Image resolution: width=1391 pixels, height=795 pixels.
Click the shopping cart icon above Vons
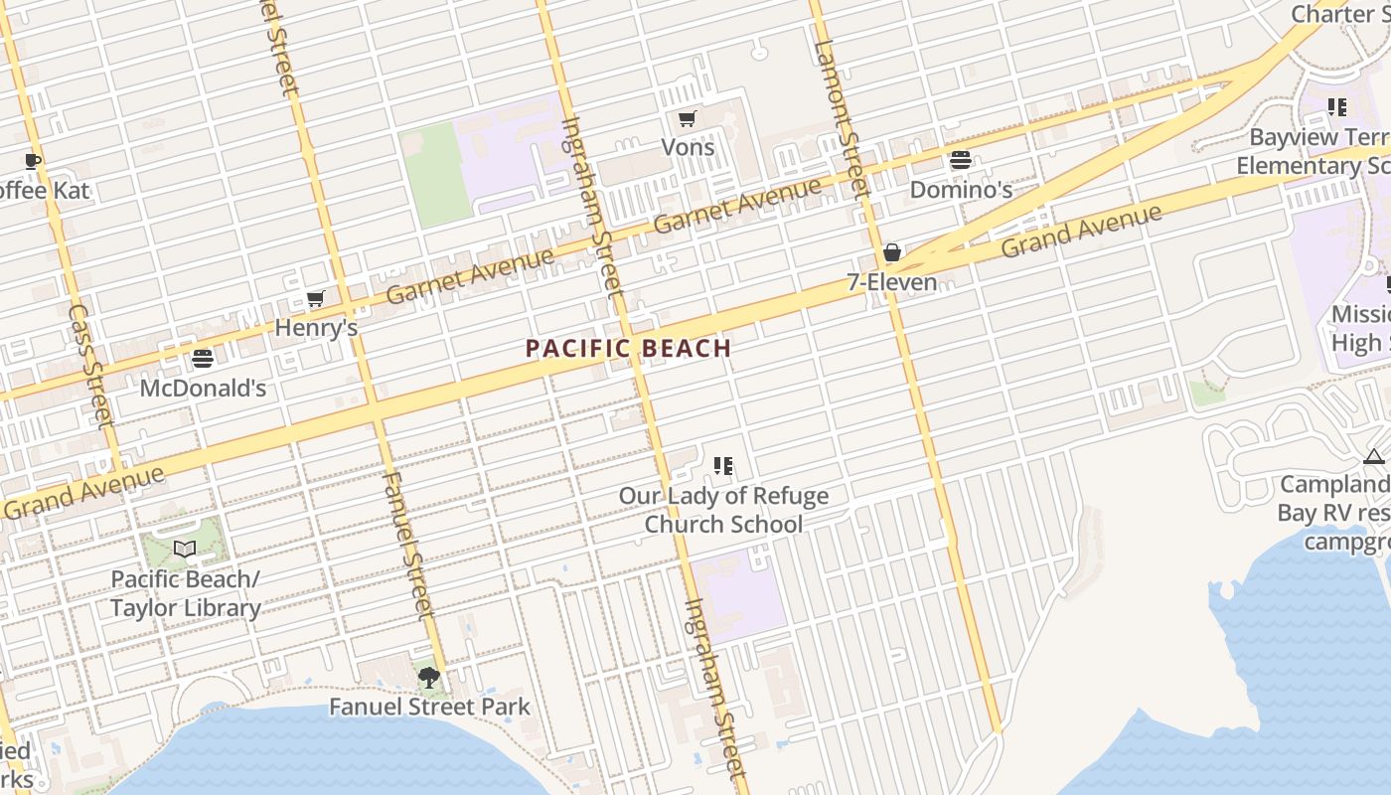pos(686,120)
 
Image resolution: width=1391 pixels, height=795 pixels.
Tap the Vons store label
pos(688,147)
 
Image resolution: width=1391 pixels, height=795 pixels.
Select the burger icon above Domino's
pos(960,160)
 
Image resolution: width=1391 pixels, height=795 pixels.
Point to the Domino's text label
pos(961,189)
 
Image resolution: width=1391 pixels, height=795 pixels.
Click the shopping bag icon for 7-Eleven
pos(892,253)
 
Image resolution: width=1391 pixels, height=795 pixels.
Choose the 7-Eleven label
pos(891,282)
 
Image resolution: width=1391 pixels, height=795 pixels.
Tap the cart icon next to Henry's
pos(316,298)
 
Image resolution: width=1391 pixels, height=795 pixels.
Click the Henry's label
pos(316,327)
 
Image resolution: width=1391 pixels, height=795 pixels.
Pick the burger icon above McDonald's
pos(203,359)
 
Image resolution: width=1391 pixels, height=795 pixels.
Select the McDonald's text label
pos(203,388)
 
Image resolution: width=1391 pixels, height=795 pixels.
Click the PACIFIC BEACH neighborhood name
pos(628,349)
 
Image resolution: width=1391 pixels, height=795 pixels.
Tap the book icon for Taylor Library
pos(185,549)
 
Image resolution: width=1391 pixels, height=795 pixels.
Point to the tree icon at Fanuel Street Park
pos(429,678)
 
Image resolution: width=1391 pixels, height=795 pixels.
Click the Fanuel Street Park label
pos(429,708)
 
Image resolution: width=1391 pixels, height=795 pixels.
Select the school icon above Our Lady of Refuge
pos(723,466)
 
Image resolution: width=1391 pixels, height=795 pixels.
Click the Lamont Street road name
pos(841,119)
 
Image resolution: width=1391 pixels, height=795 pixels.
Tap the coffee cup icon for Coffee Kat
pos(33,161)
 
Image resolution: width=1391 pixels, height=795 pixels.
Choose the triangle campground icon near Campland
pos(1374,456)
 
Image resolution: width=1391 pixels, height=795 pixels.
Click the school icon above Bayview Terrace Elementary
pos(1337,107)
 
